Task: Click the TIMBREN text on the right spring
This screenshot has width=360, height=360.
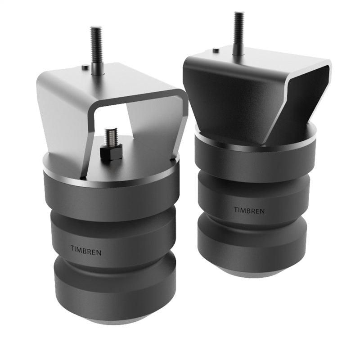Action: tap(249, 210)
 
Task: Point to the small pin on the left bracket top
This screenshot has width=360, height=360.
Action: tap(85, 67)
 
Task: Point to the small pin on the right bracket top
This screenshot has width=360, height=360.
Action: tap(216, 50)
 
